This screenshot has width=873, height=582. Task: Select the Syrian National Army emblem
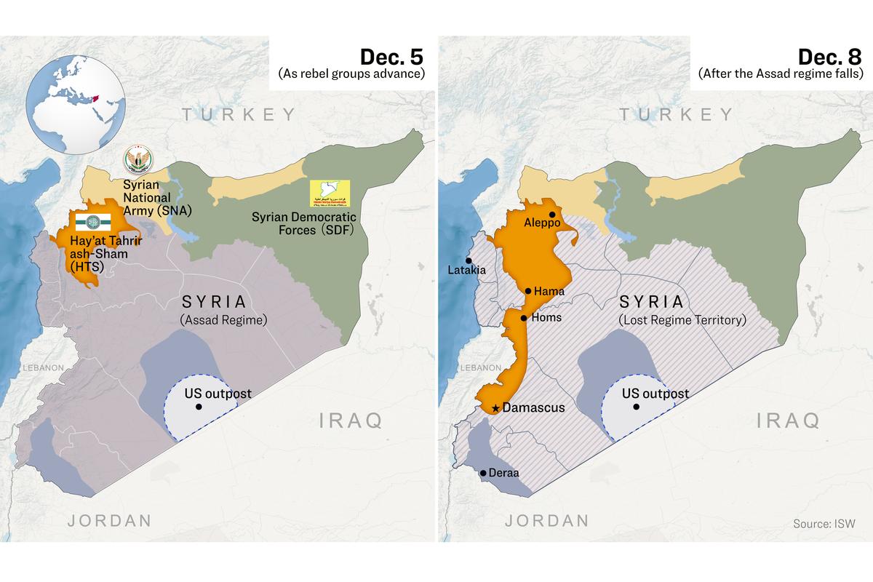click(x=136, y=159)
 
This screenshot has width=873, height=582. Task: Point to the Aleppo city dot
click(x=553, y=215)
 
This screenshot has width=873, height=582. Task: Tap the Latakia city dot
click(x=469, y=260)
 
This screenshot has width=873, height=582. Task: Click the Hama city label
click(x=549, y=291)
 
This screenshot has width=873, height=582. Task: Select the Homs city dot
click(x=523, y=318)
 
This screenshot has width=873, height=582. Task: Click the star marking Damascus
click(x=495, y=408)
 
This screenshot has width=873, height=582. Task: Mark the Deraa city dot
click(x=483, y=473)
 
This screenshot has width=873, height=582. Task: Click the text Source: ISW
click(x=824, y=524)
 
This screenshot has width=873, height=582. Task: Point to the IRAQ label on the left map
click(x=351, y=420)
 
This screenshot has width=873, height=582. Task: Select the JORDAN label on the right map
click(x=546, y=520)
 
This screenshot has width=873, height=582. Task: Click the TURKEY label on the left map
click(x=239, y=114)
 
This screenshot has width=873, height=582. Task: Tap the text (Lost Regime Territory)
click(x=682, y=320)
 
